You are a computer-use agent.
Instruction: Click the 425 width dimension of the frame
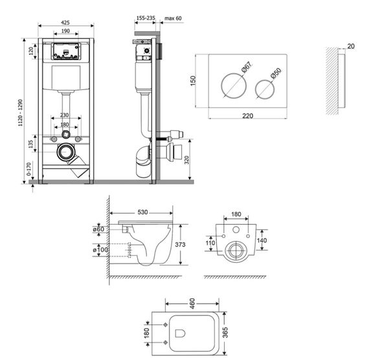(65, 21)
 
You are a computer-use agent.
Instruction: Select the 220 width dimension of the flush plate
(247, 116)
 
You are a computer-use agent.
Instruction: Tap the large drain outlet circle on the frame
(65, 153)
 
